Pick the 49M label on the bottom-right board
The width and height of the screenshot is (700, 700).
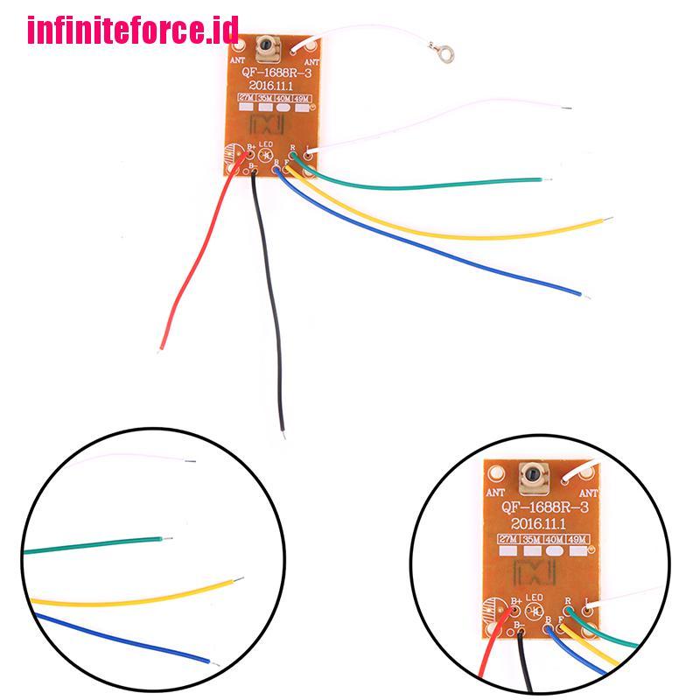tap(576, 538)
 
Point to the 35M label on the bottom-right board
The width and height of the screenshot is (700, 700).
tap(530, 538)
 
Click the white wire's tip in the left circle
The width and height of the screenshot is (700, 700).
tap(195, 461)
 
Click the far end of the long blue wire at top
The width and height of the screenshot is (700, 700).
tap(579, 294)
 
